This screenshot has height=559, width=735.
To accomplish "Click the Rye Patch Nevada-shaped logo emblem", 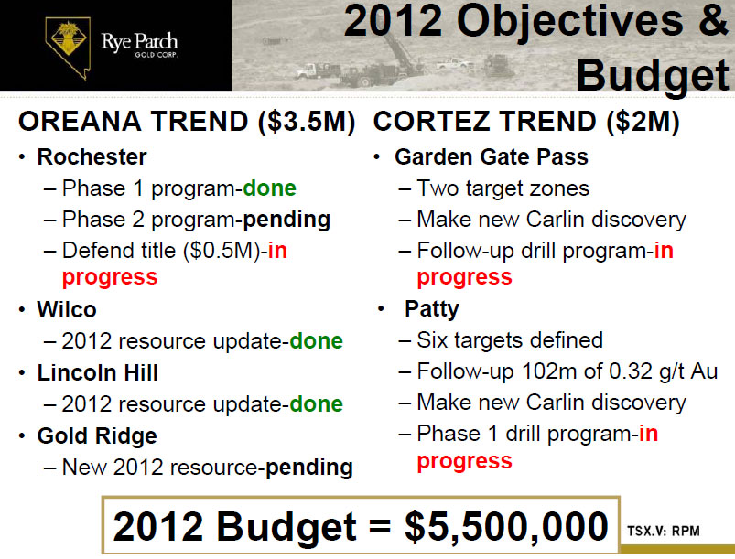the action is coord(68,48).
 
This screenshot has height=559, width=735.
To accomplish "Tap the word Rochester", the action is coord(92,156).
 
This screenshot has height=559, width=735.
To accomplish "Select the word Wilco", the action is coord(67,310).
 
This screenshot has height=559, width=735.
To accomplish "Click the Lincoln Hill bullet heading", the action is coord(98,373).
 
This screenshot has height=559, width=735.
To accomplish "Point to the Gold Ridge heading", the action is coord(97,436).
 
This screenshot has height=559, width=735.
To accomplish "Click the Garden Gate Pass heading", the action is coord(492,156).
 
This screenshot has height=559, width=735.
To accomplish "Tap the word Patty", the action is coord(432,309).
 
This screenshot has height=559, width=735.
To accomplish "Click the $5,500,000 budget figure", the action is coord(506,527).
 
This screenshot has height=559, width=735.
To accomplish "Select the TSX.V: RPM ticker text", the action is coord(664,531).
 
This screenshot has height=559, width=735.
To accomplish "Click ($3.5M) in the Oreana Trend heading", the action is coord(307,122).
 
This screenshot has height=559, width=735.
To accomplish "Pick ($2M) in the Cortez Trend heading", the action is coord(643,122).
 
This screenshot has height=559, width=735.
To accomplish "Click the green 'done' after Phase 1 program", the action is coord(269,188).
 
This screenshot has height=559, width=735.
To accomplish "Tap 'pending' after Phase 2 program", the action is coord(286,220).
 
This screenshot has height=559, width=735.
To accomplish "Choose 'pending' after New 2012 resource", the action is coord(308,468).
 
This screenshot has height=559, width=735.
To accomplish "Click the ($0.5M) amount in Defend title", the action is coord(222,251).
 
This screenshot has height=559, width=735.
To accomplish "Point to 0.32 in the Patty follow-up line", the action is coord(630,371).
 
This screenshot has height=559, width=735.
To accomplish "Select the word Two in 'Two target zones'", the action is coord(438,188).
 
